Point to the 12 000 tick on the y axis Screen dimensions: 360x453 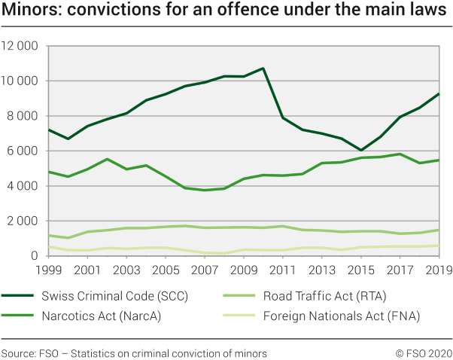coord(20,46)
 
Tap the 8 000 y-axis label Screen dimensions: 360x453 coord(23,116)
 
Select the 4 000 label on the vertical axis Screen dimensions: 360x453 coord(23,186)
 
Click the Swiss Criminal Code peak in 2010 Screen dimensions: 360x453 coord(263,69)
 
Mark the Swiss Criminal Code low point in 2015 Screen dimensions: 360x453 coord(360,151)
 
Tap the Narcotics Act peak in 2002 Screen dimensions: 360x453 coord(106,159)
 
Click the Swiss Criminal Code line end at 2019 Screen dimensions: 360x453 coord(439,94)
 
